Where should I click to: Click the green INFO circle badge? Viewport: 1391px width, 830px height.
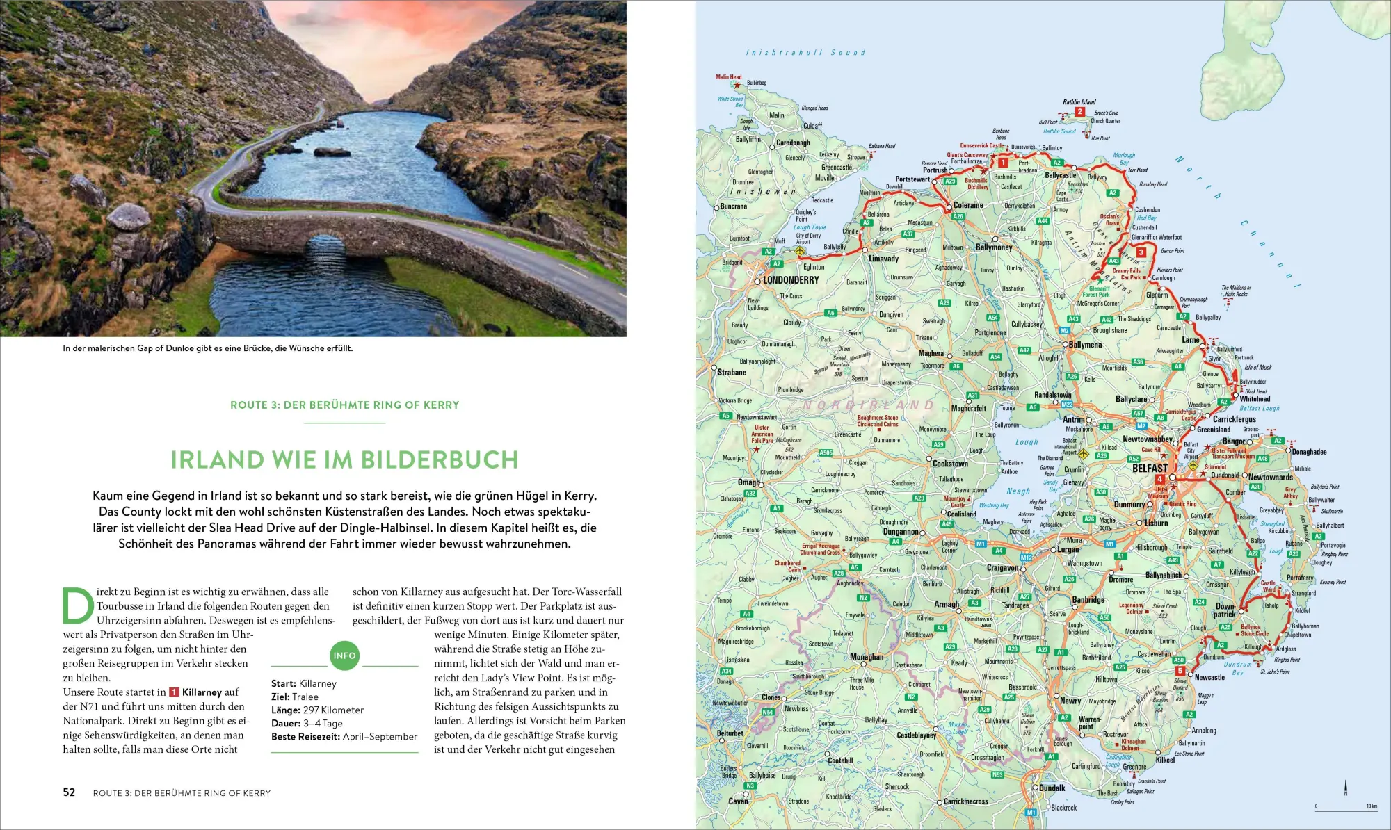344,656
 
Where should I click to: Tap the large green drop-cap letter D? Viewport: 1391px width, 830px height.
77,606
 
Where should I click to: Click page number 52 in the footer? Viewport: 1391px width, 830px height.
69,792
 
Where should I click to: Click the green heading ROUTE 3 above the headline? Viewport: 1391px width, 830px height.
344,405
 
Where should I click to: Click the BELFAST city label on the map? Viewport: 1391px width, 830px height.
1150,469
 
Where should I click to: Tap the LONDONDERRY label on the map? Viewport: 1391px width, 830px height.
791,280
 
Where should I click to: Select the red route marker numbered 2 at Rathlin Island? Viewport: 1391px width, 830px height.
1079,111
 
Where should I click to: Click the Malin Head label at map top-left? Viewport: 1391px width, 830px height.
728,77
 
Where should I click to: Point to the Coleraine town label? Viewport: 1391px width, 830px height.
968,205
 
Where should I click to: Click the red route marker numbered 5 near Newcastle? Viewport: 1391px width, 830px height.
1179,671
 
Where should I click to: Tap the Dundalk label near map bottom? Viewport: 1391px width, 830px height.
1052,788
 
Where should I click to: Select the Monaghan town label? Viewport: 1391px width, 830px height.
867,657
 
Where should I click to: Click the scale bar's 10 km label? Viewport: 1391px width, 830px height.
1371,806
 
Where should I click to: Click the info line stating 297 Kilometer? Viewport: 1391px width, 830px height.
317,710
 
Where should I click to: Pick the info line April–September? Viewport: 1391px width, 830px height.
344,736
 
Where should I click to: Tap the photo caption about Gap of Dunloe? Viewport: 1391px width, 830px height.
207,348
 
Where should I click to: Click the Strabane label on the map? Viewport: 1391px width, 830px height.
732,373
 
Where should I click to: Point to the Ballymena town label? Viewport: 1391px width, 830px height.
1085,345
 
